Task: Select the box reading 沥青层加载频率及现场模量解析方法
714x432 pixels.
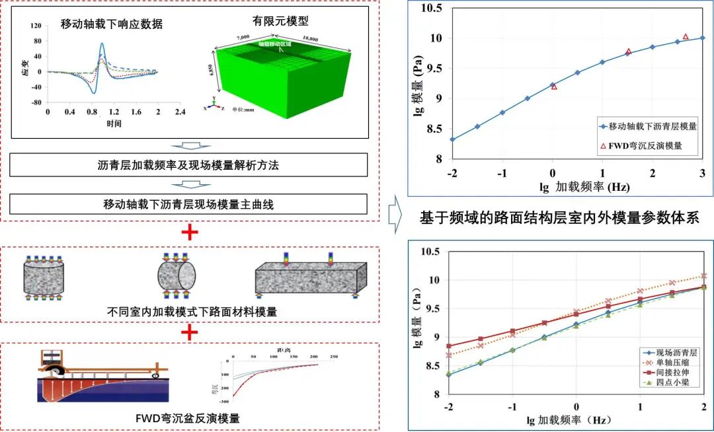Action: pos(188,165)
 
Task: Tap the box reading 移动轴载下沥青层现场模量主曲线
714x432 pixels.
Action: pos(188,204)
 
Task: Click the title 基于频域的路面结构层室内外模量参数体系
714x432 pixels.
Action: pos(559,218)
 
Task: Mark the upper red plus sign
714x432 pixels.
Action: pos(190,232)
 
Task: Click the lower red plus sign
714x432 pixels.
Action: pos(190,332)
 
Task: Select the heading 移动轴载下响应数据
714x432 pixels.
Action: pos(112,24)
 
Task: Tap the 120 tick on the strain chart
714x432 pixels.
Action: pos(36,26)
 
